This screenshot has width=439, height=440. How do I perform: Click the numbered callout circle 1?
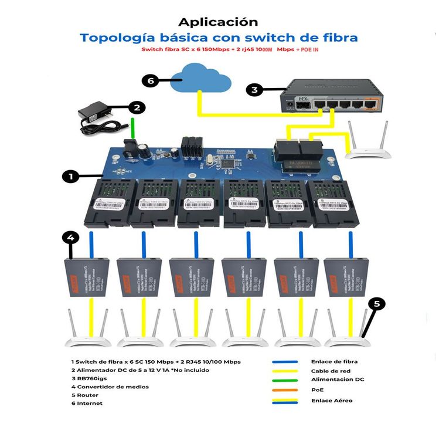[x=70, y=176]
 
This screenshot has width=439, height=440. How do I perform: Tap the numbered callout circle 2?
[x=137, y=107]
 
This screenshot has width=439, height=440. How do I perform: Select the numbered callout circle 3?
[x=254, y=90]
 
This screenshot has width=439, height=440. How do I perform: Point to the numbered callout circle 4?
[x=70, y=238]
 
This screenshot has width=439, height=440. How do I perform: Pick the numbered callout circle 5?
[x=377, y=304]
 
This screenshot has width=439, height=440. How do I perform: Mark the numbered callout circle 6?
[x=151, y=82]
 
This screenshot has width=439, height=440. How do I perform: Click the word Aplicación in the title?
[x=218, y=22]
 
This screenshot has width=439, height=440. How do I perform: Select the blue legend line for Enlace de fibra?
[x=285, y=362]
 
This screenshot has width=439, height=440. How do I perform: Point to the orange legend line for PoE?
[x=285, y=390]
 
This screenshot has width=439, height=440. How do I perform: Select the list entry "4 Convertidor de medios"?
[x=110, y=387]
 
